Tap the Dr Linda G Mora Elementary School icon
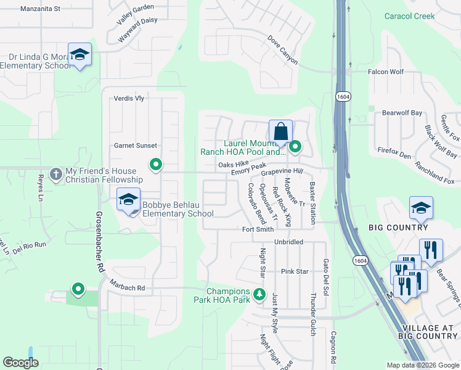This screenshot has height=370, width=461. pos(80,55)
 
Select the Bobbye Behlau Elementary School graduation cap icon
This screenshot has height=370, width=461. pos(128,200)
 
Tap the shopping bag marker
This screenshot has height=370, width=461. pos(280,131)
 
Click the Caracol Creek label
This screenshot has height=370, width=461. pos(409,16)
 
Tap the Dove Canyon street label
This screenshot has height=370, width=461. pos(283,50)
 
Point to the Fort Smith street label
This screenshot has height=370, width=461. pos(258,229)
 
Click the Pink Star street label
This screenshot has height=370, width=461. pos(294,271)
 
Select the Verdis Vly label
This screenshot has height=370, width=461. pos(129,99)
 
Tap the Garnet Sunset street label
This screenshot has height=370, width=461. pos(136,146)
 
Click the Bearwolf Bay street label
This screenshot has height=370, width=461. pos(402,113)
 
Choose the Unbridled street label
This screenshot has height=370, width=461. pos(288,242)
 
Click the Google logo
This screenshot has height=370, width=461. pos(21,363)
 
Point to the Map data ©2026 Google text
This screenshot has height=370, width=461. pos(422,365)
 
